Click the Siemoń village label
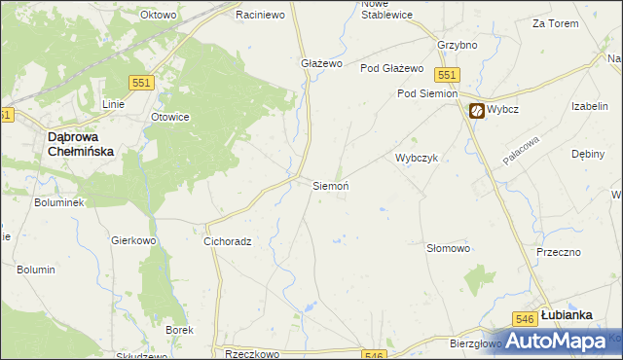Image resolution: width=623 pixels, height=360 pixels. [x=330, y=185]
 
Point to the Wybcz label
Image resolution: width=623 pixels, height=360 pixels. [x=506, y=110]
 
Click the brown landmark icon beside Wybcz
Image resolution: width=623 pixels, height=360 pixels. [x=476, y=111]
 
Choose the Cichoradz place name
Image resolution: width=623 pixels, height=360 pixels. [x=228, y=241]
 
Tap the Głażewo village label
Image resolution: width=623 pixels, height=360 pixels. [x=321, y=63]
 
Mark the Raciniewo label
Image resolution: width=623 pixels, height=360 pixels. [x=259, y=16]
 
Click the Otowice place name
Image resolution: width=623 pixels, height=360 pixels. [x=168, y=117]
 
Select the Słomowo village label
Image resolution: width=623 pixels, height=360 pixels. [x=449, y=249]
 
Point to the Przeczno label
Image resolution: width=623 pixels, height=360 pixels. [x=558, y=251]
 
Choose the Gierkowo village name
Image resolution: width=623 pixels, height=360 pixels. [x=134, y=239]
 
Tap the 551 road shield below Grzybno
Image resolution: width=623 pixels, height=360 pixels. [x=448, y=75]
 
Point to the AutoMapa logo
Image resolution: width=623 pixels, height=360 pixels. [x=556, y=341]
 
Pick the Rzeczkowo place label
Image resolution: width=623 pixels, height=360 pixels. [x=252, y=355]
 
